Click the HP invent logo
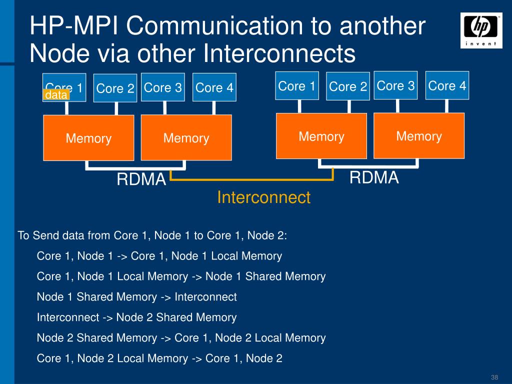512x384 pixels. point(481,30)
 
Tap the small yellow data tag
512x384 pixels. point(55,95)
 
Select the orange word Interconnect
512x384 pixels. point(263,197)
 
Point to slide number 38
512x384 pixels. point(495,377)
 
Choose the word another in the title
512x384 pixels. point(382,26)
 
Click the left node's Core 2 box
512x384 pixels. point(115,88)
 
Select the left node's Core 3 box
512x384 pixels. point(163,87)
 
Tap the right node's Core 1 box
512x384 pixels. point(297,86)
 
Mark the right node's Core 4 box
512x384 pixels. point(447,85)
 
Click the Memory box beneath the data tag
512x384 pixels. point(88,138)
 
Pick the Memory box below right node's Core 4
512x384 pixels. point(419,136)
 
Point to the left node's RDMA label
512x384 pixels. point(141,179)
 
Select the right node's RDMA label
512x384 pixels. point(374,177)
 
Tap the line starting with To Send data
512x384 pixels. point(152,235)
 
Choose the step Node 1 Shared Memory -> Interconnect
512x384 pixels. point(136,297)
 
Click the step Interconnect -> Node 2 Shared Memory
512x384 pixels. point(136,317)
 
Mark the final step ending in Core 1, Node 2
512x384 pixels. point(159,358)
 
